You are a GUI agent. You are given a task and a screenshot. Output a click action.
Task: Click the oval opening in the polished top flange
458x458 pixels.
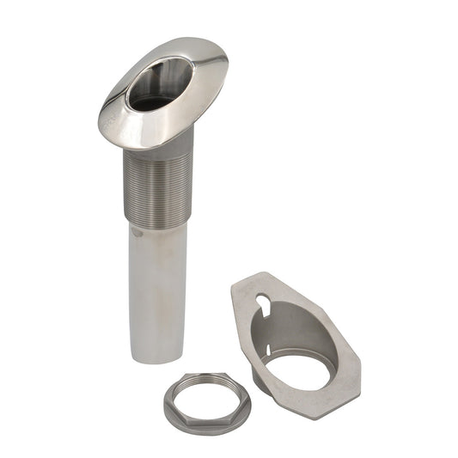pyautogui.click(x=159, y=83)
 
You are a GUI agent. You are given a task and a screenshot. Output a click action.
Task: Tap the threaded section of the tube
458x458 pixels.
pyautogui.click(x=157, y=189)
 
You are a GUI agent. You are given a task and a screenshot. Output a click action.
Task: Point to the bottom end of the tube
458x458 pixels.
pyautogui.click(x=157, y=358)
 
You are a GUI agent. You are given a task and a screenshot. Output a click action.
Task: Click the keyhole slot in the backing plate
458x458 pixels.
pyautogui.click(x=264, y=305)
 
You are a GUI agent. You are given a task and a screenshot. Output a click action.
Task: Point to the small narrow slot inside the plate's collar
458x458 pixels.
pyautogui.click(x=269, y=351)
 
